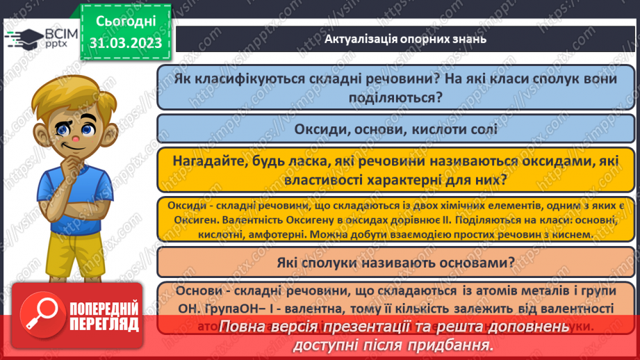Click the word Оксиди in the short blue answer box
point(319,129)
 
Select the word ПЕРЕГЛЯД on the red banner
point(103,324)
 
